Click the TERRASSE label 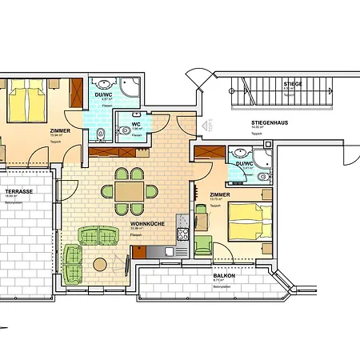pyautogui.click(x=18, y=193)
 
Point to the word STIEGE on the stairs pyautogui.click(x=292, y=83)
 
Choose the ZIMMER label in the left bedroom pyautogui.click(x=59, y=130)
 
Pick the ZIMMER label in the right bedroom pyautogui.click(x=221, y=194)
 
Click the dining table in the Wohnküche pyautogui.click(x=129, y=191)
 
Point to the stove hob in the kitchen pyautogui.click(x=181, y=234)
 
